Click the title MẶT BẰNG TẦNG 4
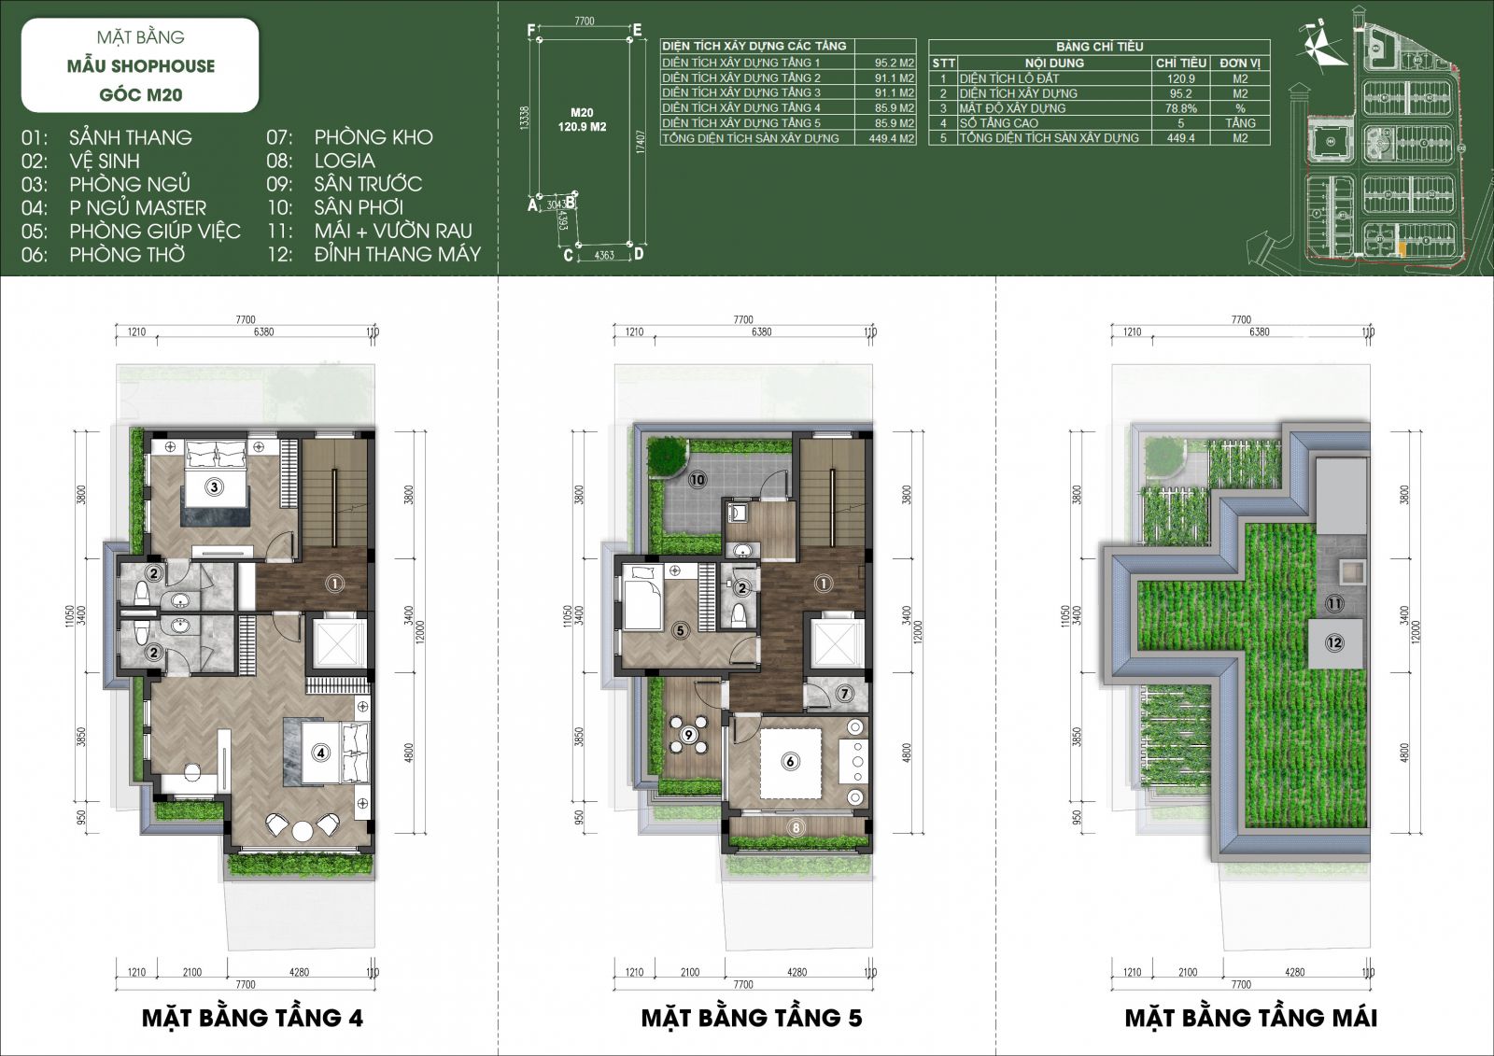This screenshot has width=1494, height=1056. click(x=252, y=1017)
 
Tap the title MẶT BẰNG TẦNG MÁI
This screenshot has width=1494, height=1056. click(x=1250, y=1017)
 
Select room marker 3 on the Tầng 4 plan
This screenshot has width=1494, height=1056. click(x=214, y=486)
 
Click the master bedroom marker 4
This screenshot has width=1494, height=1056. click(x=320, y=751)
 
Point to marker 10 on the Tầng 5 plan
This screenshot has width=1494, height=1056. click(x=697, y=480)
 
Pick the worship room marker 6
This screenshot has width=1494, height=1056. click(x=790, y=761)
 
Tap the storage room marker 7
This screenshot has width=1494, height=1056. click(x=843, y=694)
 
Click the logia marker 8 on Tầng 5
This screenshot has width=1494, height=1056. click(x=796, y=827)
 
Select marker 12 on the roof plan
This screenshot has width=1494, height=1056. click(x=1334, y=642)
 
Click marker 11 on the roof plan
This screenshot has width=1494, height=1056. click(x=1334, y=604)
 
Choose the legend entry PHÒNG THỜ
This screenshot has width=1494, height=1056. click(x=127, y=254)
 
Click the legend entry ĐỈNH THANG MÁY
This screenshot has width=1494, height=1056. click(x=397, y=254)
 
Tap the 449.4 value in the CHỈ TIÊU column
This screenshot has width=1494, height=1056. click(x=1180, y=138)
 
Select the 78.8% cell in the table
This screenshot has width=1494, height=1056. click(x=1180, y=108)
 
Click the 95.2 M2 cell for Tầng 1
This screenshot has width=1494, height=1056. click(x=894, y=63)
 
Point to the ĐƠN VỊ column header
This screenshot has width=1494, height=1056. click(x=1239, y=63)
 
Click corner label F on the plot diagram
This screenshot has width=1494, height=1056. click(x=531, y=31)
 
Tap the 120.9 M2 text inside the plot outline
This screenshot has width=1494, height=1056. click(x=583, y=126)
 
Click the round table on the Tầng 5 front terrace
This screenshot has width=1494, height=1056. click(x=688, y=735)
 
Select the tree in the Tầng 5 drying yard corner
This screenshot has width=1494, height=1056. click(x=667, y=455)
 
